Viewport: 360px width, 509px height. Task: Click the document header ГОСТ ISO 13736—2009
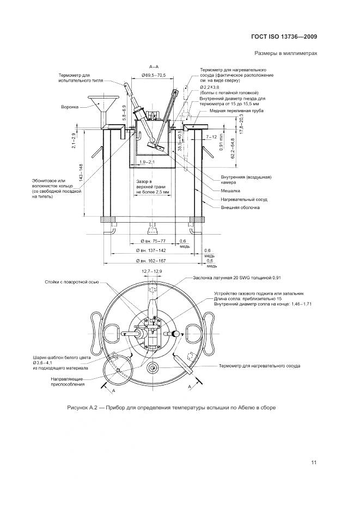pyautogui.click(x=291, y=37)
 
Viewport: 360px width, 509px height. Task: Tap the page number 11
pyautogui.click(x=314, y=463)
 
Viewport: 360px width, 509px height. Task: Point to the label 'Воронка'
pyautogui.click(x=70, y=107)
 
